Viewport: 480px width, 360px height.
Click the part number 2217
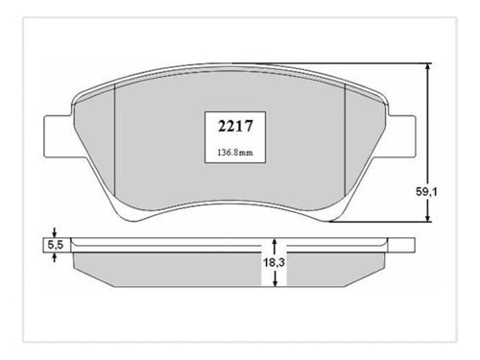point(235,126)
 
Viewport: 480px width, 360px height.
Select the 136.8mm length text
point(235,153)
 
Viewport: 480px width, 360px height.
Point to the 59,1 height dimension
point(426,192)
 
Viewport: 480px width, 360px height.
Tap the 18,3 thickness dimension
point(274,263)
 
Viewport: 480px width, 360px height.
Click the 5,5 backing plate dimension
point(56,245)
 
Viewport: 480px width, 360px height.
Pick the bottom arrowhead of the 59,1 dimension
point(428,218)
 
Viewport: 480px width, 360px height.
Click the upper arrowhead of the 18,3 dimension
point(275,242)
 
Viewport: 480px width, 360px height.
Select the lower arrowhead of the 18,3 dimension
point(275,282)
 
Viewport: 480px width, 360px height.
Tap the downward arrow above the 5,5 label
point(55,232)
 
